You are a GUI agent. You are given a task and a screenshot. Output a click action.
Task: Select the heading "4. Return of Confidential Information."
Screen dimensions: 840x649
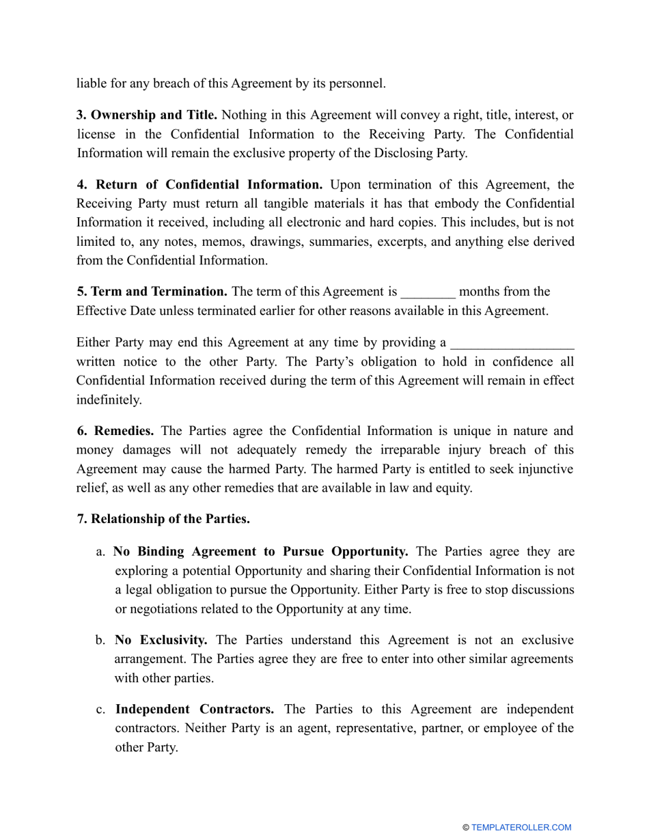point(199,184)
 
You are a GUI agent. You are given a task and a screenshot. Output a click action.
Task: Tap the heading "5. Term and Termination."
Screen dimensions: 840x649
point(152,292)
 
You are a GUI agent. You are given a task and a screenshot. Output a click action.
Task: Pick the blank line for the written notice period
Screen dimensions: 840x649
point(513,343)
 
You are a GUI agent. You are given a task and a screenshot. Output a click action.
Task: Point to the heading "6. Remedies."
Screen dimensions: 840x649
point(115,431)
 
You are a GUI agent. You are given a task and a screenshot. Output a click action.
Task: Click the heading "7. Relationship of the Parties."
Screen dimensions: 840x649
point(163,519)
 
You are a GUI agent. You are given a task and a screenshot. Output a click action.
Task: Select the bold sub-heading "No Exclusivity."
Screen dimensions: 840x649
point(161,640)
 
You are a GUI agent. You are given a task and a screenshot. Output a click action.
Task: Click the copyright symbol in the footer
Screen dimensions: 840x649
point(466,828)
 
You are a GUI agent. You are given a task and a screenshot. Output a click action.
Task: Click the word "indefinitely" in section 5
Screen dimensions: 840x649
point(109,400)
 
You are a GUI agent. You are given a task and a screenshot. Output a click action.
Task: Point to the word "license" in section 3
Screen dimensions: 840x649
point(96,135)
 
